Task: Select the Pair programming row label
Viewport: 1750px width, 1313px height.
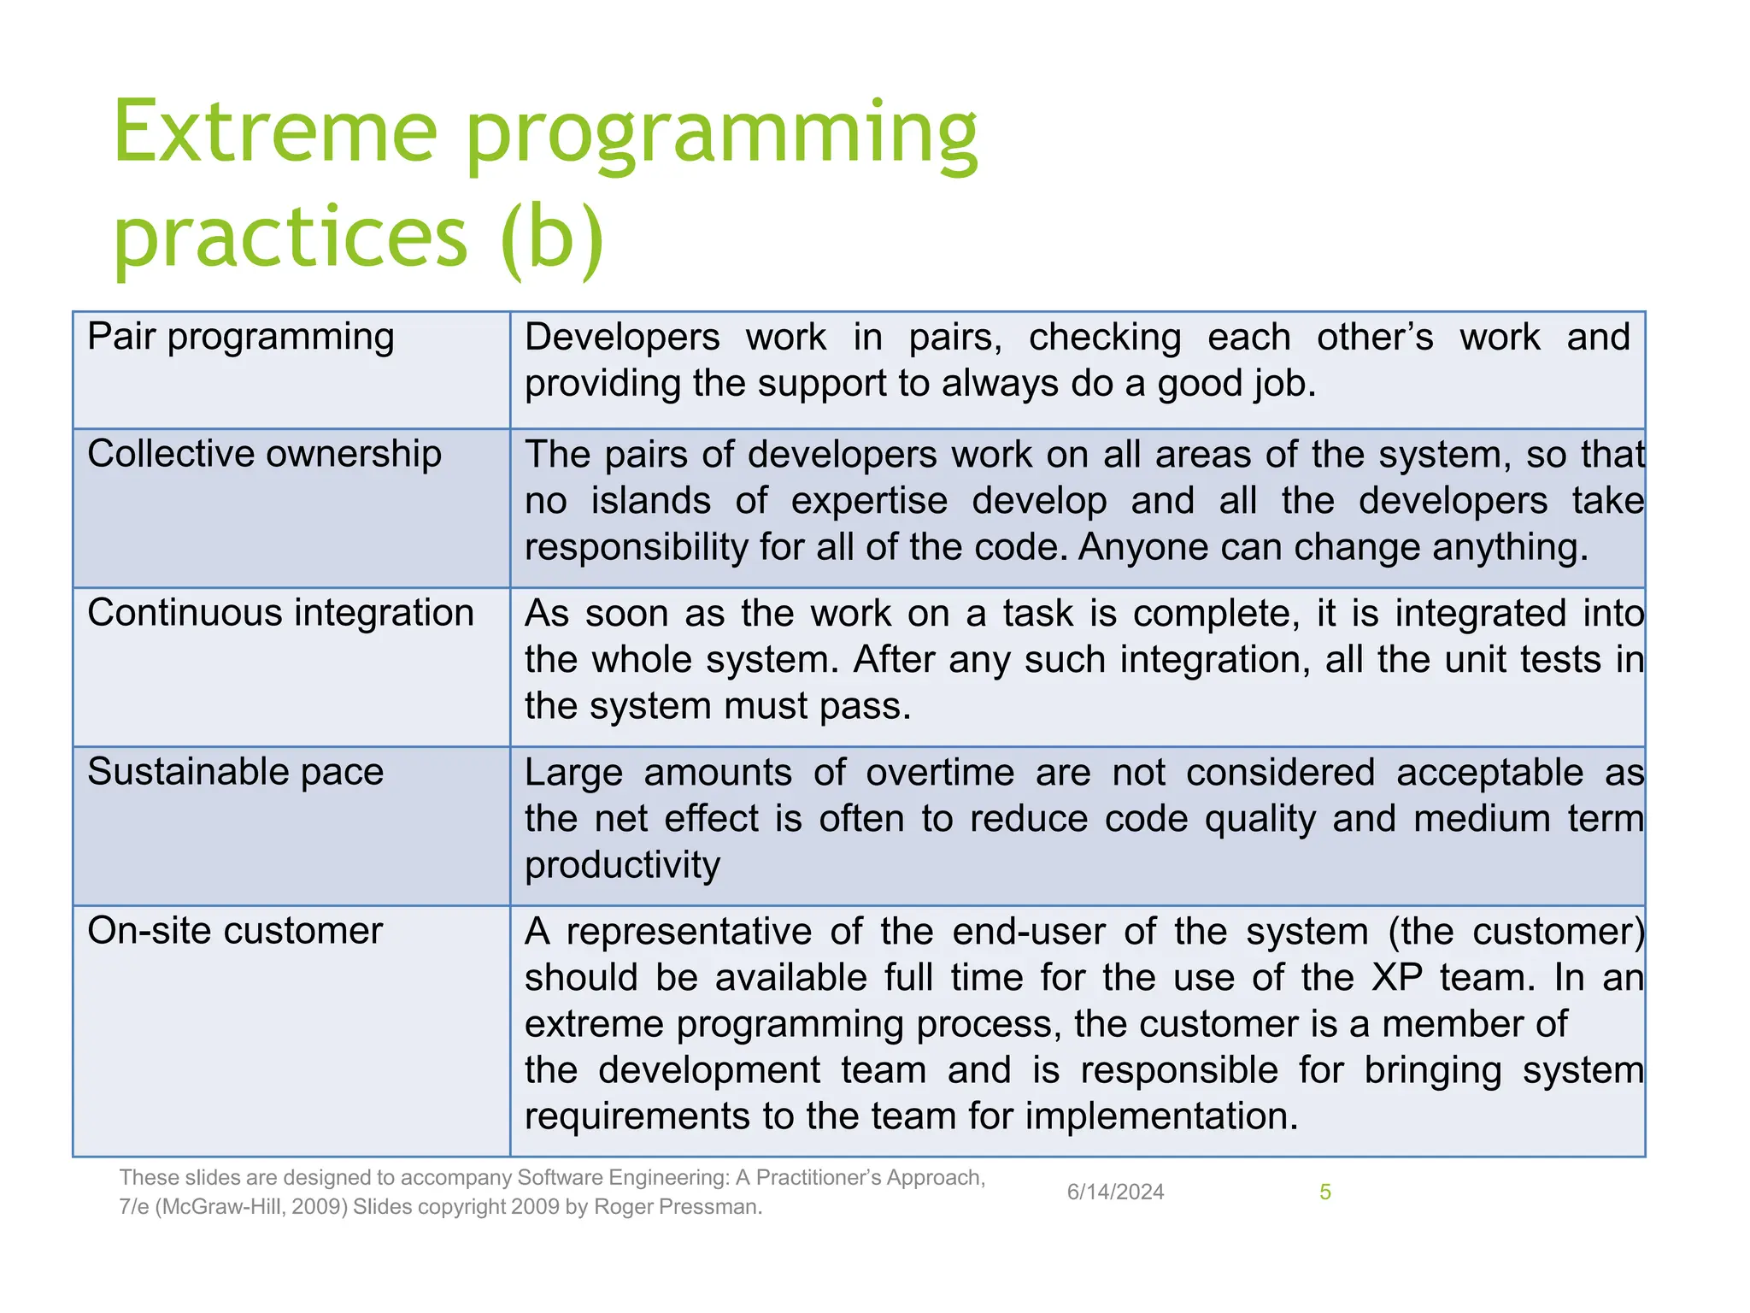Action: pyautogui.click(x=240, y=337)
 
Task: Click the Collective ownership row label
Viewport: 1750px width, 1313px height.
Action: pyautogui.click(x=264, y=454)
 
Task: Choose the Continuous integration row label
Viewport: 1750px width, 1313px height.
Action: pyautogui.click(x=280, y=613)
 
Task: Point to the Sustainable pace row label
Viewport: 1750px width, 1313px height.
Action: pyautogui.click(x=235, y=772)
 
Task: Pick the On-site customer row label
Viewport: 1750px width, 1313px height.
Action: pyautogui.click(x=235, y=931)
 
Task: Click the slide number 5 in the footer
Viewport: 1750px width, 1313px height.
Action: pyautogui.click(x=1324, y=1192)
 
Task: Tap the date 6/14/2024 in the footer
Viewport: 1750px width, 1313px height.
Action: pyautogui.click(x=1115, y=1192)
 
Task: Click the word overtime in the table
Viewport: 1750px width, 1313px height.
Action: pyautogui.click(x=940, y=773)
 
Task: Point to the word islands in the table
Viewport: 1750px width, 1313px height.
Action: pyautogui.click(x=650, y=501)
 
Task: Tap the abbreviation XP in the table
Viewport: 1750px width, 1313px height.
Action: pyautogui.click(x=1397, y=978)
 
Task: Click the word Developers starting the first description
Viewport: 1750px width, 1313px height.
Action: pyautogui.click(x=622, y=338)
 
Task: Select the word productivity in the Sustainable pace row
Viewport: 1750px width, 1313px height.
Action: pyautogui.click(x=622, y=866)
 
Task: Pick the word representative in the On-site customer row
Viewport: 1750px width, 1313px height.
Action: pyautogui.click(x=688, y=932)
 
